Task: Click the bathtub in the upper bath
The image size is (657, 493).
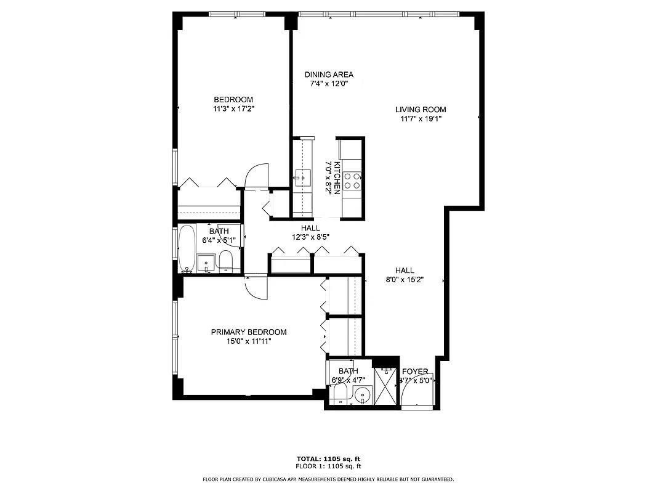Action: (187, 249)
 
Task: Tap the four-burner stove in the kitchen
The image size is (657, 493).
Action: (352, 181)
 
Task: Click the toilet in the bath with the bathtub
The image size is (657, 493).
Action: (226, 260)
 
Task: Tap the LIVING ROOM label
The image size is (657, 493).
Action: (421, 110)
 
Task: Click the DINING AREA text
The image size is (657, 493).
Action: (329, 75)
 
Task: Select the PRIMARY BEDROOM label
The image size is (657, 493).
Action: (249, 332)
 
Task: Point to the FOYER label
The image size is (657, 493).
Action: (415, 372)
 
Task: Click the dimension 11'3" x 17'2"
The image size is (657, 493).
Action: (233, 108)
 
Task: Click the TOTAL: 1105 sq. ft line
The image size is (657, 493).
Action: (328, 458)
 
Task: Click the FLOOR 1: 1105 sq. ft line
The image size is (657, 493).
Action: (328, 466)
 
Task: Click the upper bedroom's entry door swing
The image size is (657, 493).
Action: (257, 173)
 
